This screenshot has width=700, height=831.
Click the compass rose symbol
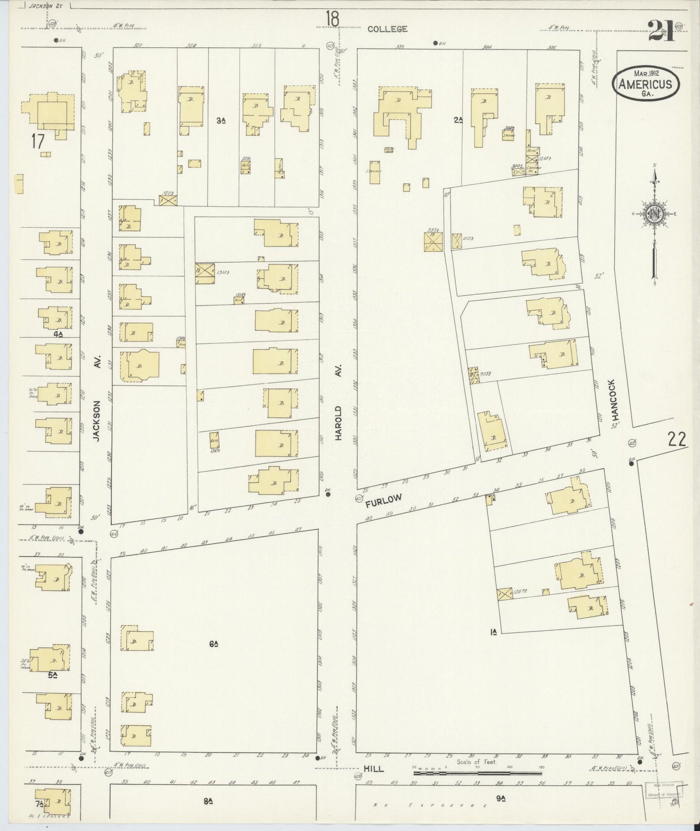(654, 214)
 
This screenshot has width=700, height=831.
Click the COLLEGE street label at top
(387, 29)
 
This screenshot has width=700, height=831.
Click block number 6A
(213, 644)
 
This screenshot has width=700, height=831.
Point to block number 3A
(221, 120)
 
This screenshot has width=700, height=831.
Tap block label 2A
(458, 120)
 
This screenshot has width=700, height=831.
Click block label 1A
(494, 631)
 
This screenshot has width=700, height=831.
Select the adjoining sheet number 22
(676, 439)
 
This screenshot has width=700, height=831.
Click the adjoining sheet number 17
(37, 142)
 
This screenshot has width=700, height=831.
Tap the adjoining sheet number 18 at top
(332, 20)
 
